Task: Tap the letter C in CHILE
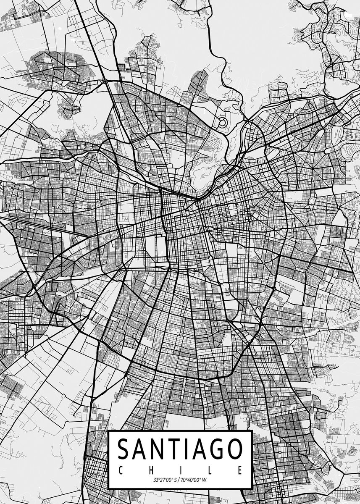click(x=120, y=469)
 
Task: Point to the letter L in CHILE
click(x=210, y=469)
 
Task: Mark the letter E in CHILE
click(x=240, y=469)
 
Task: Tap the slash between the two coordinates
click(x=178, y=480)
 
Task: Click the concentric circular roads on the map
click(x=223, y=123)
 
